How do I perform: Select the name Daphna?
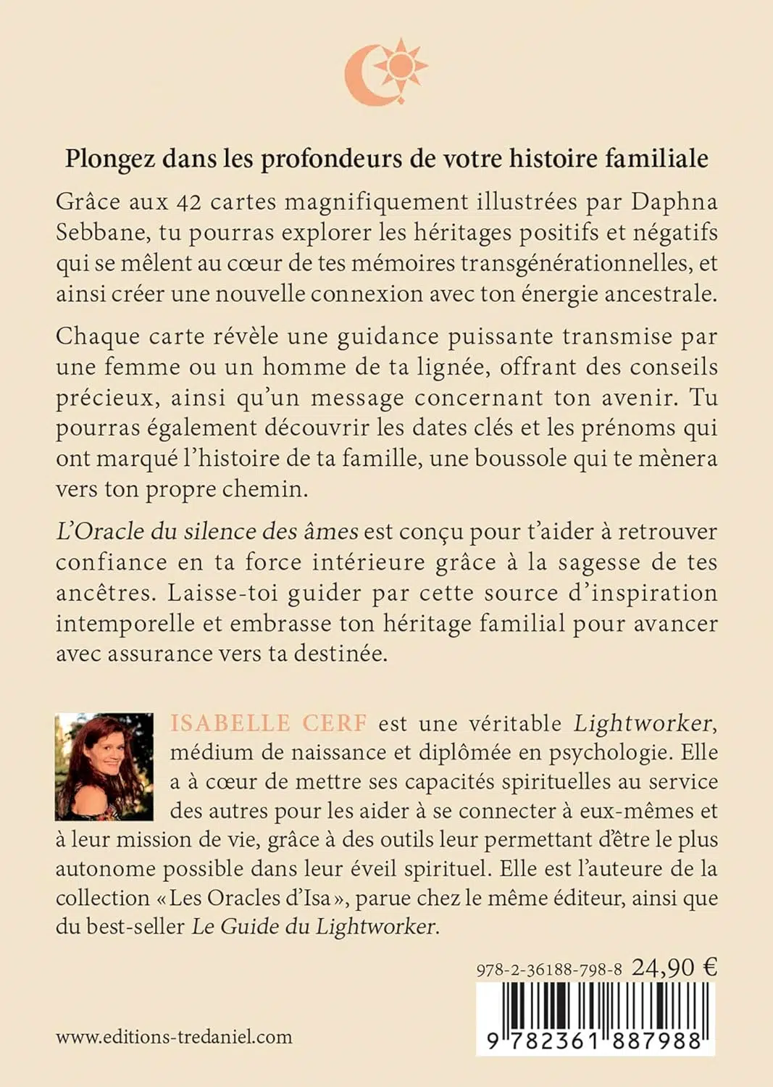point(674,201)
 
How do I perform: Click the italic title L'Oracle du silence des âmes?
point(206,531)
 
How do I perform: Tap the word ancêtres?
point(106,593)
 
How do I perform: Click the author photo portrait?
point(104,766)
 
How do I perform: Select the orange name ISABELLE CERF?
point(269,723)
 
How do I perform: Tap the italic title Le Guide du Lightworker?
point(314,927)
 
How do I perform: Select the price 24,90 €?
point(674,967)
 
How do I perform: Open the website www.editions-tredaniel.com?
point(174,1037)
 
